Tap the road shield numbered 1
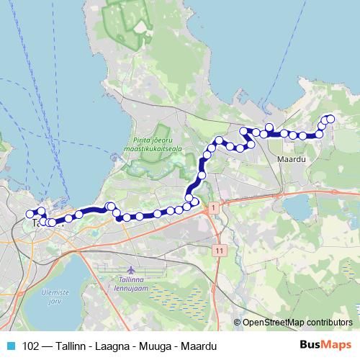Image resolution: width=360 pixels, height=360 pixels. coord(213,207)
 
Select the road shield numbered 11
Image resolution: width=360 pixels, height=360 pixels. coord(220,249)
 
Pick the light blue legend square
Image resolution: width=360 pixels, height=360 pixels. coord(10,346)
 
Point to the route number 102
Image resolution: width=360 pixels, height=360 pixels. coord(31,346)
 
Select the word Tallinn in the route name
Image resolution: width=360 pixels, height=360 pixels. coord(71,346)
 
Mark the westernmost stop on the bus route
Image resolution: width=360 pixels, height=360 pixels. coord(30,214)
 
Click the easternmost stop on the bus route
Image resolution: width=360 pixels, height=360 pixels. coord(330,119)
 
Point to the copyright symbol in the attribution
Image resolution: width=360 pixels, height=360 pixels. coord(238,323)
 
